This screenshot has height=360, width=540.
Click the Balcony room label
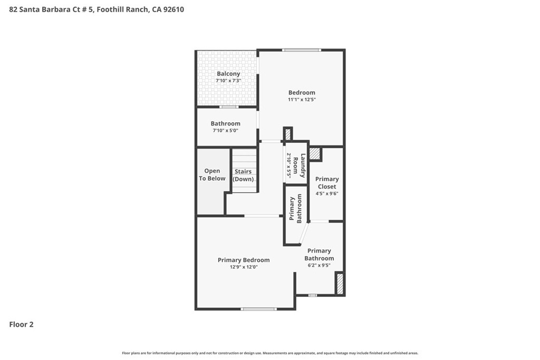click(x=228, y=74)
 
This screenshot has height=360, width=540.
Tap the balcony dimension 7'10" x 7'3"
click(x=228, y=81)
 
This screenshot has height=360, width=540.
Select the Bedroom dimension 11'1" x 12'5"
click(x=302, y=100)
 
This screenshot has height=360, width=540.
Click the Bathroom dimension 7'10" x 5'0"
click(x=225, y=131)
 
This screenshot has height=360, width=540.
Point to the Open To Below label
click(x=212, y=174)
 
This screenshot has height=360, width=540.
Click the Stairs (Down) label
click(x=243, y=175)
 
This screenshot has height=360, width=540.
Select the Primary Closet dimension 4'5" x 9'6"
click(x=327, y=194)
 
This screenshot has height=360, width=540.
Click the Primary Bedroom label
click(x=244, y=260)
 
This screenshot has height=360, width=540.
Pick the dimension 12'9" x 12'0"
click(x=244, y=267)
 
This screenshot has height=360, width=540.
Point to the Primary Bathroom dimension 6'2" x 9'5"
click(x=319, y=265)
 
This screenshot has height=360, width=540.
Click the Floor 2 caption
click(x=21, y=325)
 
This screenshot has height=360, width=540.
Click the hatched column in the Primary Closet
click(x=314, y=153)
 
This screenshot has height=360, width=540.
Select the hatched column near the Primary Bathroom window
click(x=340, y=284)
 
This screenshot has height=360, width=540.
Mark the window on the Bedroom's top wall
click(x=302, y=50)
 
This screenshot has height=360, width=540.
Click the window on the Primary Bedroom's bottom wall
click(x=258, y=309)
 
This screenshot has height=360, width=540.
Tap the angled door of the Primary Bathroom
click(x=303, y=233)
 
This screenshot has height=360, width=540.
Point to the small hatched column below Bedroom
click(x=288, y=134)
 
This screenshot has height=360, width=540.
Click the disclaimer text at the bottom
click(x=270, y=353)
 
